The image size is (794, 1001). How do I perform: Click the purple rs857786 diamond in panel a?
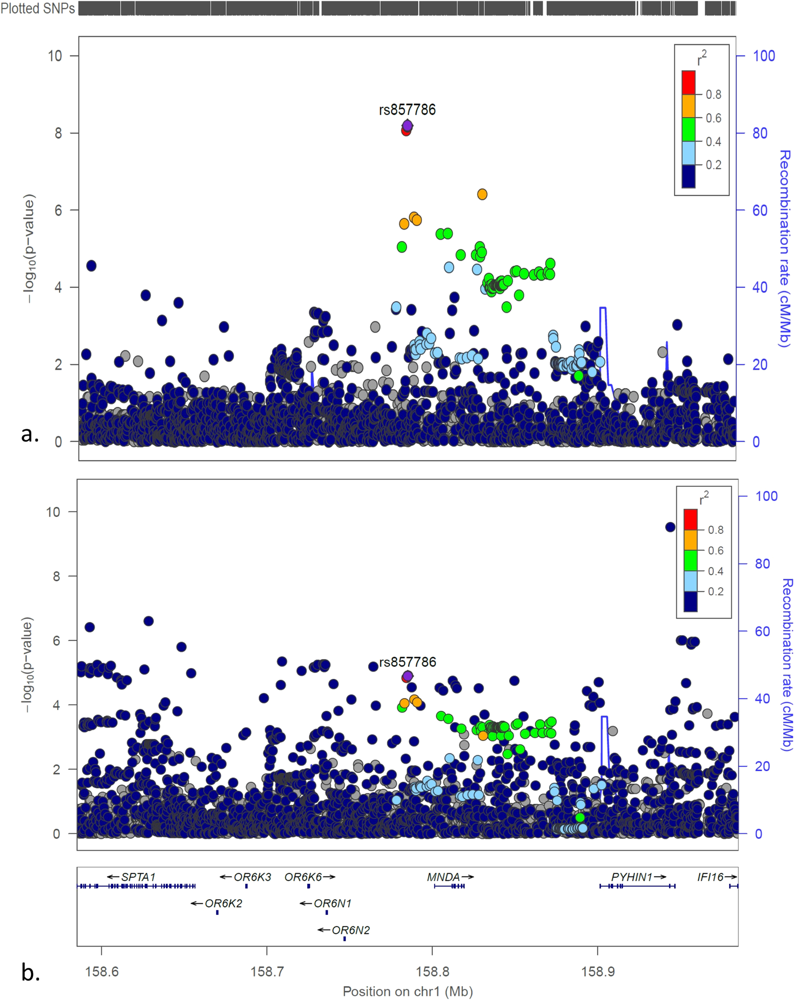point(407,126)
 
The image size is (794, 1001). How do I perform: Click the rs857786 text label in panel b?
point(407,662)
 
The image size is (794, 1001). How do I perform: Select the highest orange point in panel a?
point(482,194)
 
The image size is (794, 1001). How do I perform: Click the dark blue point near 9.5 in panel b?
point(670,527)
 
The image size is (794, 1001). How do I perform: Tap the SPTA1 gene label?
point(138,877)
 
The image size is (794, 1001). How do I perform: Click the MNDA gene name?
point(443,877)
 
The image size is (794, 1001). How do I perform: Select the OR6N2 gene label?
point(350,930)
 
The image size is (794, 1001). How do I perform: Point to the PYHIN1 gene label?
point(631,877)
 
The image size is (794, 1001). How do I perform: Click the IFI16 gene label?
point(710,877)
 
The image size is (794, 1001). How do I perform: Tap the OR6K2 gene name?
point(223,904)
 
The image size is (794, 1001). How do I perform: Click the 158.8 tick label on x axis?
point(432,971)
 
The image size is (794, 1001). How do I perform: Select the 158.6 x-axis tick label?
point(102,971)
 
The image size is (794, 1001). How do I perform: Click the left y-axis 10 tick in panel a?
point(55,56)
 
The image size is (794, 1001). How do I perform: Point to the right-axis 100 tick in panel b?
point(766,496)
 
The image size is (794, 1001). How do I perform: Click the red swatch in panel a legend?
point(688,82)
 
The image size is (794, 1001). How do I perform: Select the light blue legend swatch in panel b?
point(690,581)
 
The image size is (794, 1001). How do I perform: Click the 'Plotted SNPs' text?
point(38,8)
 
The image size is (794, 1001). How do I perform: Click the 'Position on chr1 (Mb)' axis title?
point(407,991)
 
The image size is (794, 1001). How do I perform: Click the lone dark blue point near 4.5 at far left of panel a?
point(91,266)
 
